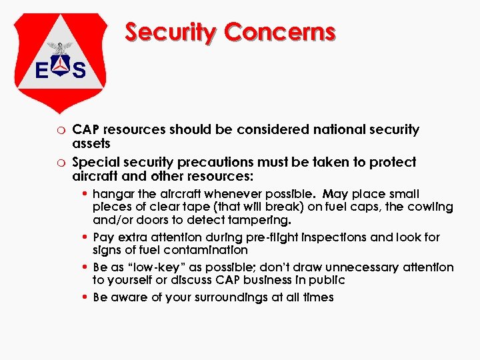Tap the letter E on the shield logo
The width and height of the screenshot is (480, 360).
[x=41, y=69]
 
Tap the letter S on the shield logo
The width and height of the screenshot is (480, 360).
[x=79, y=69]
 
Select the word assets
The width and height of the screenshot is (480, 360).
[x=91, y=143]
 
